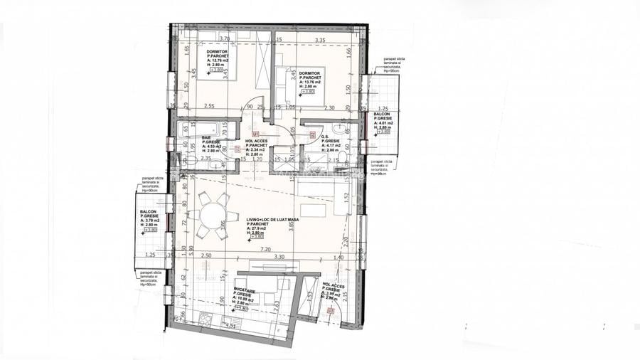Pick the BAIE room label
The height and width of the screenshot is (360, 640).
tap(206, 138)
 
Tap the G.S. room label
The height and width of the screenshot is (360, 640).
tap(326, 137)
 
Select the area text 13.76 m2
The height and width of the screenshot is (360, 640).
tap(313, 82)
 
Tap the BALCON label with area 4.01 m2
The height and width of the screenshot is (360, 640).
tap(382, 113)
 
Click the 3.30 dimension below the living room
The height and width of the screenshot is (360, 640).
tap(279, 256)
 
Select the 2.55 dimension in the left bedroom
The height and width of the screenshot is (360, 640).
tap(208, 106)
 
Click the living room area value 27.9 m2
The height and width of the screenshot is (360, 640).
tap(258, 228)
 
